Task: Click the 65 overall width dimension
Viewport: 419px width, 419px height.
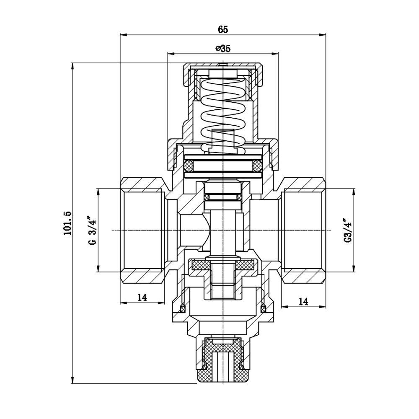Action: pyautogui.click(x=222, y=29)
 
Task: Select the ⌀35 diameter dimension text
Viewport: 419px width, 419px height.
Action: pyautogui.click(x=222, y=48)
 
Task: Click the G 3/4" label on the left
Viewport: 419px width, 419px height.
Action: pyautogui.click(x=93, y=230)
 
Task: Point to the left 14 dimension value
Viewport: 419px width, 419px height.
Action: pyautogui.click(x=142, y=297)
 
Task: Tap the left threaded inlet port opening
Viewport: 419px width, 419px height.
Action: pyautogui.click(x=142, y=230)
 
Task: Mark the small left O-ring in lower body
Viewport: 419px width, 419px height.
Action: pyautogui.click(x=183, y=309)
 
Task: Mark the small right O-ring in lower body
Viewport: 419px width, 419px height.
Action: pyautogui.click(x=264, y=309)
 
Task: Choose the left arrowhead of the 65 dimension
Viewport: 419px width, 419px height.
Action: pyautogui.click(x=123, y=35)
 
